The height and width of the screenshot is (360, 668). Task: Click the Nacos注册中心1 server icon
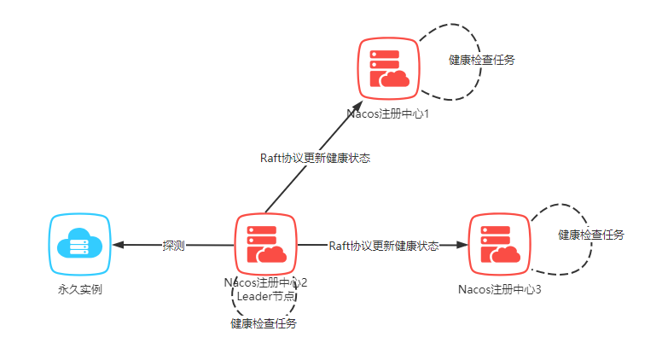pos(388,68)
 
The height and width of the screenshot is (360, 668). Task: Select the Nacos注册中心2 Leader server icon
pos(265,245)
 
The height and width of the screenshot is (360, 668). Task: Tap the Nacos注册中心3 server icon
pos(499,244)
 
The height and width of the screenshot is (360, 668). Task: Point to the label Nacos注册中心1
pos(387,113)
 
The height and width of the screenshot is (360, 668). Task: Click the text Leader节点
pos(265,296)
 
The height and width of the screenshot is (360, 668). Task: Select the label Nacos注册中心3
pos(500,290)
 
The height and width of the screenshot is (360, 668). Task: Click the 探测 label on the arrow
pos(174,246)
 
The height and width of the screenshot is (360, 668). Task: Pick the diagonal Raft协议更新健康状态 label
pos(315,158)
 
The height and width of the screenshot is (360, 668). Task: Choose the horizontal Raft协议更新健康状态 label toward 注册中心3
pos(384,246)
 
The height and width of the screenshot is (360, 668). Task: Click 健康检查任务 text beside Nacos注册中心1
pos(481,60)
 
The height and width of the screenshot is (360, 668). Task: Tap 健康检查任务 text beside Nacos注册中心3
pos(591,235)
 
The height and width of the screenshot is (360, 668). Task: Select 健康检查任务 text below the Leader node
pos(264,323)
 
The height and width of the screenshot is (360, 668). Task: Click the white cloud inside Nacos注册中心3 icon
pos(508,255)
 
